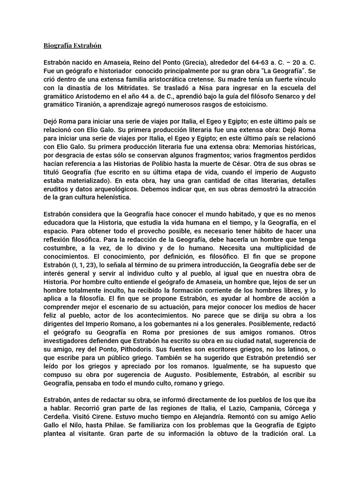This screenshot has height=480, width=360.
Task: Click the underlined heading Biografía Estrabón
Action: [x=73, y=45]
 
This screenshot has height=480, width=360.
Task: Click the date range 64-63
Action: [x=252, y=63]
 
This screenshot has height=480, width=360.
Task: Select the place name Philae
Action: [x=127, y=425]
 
